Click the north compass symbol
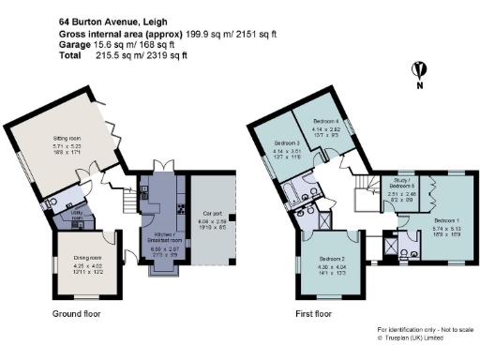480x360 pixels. tap(424, 70)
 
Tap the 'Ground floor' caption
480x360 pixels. tap(78, 309)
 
